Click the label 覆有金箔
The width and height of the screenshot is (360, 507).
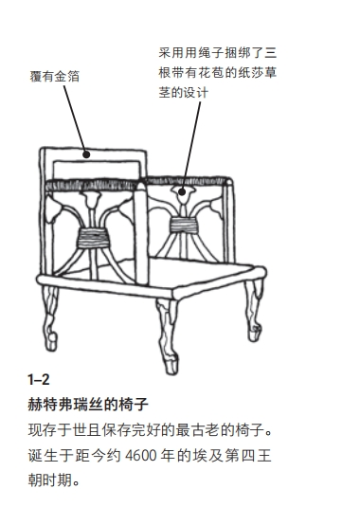(x=54, y=77)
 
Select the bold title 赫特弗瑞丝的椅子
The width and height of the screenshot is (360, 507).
(x=90, y=405)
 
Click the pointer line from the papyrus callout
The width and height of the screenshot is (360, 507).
(x=192, y=142)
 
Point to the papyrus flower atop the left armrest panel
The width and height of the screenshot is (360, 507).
(x=91, y=202)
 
